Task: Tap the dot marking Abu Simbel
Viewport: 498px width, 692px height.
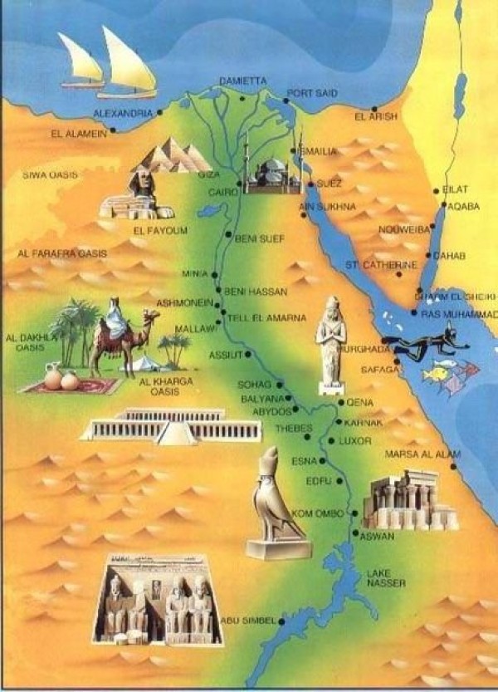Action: pos(281,621)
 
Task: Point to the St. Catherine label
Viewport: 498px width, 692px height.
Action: pos(381,265)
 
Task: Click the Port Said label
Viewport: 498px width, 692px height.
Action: pos(311,93)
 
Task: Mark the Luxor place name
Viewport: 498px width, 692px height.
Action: pos(355,441)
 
